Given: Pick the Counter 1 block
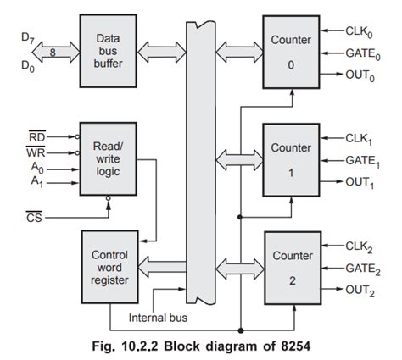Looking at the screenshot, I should (292, 159).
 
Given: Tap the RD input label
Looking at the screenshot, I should (37, 136).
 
